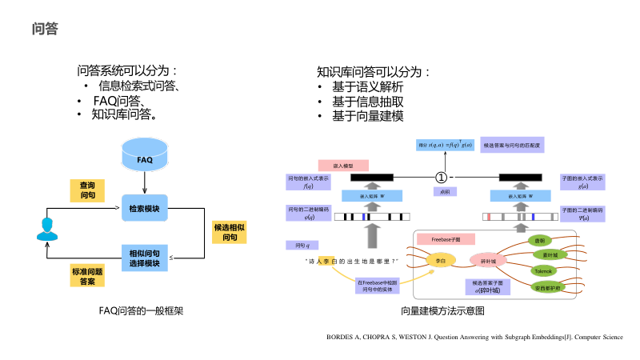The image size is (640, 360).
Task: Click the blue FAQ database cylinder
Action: pyautogui.click(x=144, y=158)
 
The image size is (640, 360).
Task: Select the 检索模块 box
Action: pyautogui.click(x=144, y=209)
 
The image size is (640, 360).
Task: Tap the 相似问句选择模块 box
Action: pyautogui.click(x=144, y=258)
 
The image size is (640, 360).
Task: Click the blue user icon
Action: pyautogui.click(x=45, y=230)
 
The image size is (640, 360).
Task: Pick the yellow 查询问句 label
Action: pyautogui.click(x=87, y=190)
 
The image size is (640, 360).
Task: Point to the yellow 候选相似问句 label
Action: pyautogui.click(x=229, y=232)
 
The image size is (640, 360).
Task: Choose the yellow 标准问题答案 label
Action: pyautogui.click(x=87, y=277)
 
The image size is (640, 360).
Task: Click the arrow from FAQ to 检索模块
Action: pyautogui.click(x=144, y=184)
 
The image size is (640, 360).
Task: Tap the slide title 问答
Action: pyautogui.click(x=44, y=30)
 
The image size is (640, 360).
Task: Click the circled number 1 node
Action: pyautogui.click(x=439, y=176)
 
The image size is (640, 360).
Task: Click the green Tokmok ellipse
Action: pyautogui.click(x=549, y=270)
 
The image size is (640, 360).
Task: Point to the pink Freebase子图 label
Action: pyautogui.click(x=446, y=238)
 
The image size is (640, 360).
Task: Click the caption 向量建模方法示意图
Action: pyautogui.click(x=442, y=310)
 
